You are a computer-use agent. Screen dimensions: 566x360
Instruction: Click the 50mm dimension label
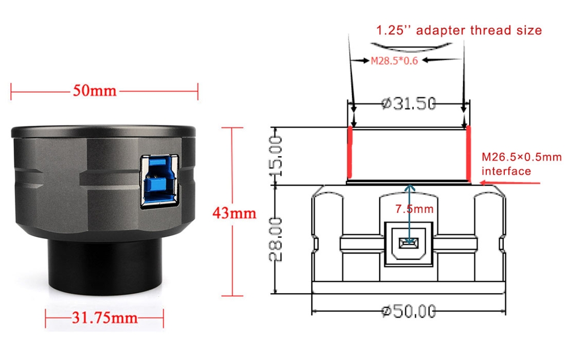95,90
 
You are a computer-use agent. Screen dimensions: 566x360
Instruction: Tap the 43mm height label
234,213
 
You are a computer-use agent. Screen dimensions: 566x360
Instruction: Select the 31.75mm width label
105,318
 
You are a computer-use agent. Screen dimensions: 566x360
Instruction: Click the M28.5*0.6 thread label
394,61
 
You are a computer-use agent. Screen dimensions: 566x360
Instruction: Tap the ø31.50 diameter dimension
409,104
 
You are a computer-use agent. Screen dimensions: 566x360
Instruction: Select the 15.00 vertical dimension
276,156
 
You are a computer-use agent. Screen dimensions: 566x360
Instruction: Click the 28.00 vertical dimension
276,239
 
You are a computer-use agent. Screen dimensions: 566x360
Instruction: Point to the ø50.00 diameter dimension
409,311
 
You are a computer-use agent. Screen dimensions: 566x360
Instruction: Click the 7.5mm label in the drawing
414,209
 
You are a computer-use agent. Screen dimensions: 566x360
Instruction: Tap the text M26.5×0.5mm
522,157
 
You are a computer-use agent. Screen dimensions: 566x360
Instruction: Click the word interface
506,171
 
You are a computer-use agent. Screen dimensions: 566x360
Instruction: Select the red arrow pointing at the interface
511,183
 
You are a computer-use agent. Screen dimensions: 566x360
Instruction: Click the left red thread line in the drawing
349,153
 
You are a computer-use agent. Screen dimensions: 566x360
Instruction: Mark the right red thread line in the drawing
469,153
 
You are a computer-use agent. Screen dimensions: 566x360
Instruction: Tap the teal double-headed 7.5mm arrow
409,215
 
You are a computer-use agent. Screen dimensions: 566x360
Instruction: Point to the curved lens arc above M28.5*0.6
411,47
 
